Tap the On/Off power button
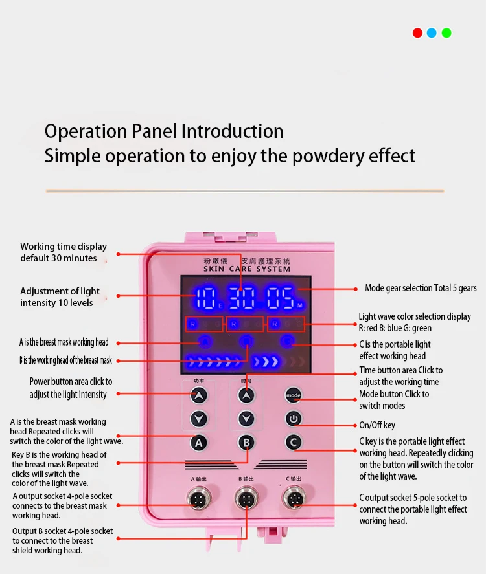tap(294, 419)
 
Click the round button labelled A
tap(199, 443)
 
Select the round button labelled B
tap(246, 443)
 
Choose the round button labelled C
tap(294, 443)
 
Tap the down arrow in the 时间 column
tap(246, 419)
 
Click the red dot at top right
tap(417, 33)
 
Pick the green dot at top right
tap(446, 33)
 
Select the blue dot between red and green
tap(432, 33)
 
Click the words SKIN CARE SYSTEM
tap(247, 269)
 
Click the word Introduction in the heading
tap(232, 131)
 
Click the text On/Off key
tap(377, 425)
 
